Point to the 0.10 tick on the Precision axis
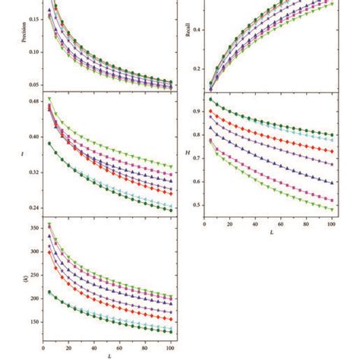[36, 52]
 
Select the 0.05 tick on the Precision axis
[36, 85]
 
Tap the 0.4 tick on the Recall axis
[196, 30]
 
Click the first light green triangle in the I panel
[50, 99]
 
